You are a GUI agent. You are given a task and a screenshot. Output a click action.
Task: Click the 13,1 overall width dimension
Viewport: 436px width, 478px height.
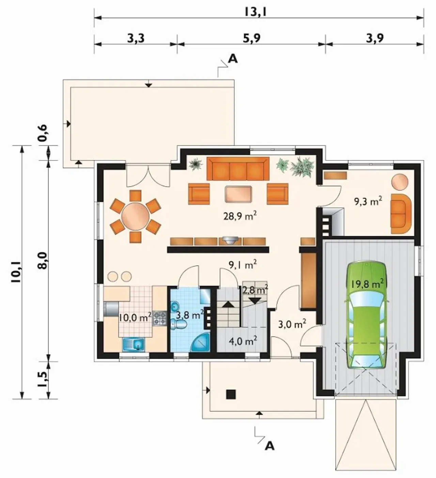click(x=255, y=12)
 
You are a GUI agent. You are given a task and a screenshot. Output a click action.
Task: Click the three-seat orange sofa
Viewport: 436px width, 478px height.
click(x=238, y=168)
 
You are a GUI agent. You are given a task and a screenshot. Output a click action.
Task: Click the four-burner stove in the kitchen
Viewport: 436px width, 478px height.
click(x=159, y=318)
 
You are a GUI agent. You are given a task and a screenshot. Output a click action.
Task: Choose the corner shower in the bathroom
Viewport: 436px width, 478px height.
click(x=200, y=342)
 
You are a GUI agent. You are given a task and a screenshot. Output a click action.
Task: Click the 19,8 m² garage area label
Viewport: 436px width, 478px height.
click(x=367, y=284)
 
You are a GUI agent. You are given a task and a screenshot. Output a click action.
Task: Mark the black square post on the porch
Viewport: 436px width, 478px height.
click(x=231, y=394)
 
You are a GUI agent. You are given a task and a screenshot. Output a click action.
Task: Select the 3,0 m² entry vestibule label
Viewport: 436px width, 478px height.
click(x=292, y=325)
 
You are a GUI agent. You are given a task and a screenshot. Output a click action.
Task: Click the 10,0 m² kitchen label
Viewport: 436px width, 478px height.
click(x=135, y=317)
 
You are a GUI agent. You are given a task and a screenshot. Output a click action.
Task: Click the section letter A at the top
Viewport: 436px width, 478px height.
click(x=233, y=59)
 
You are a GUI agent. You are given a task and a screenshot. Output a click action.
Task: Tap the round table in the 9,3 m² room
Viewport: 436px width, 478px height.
click(x=400, y=182)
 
